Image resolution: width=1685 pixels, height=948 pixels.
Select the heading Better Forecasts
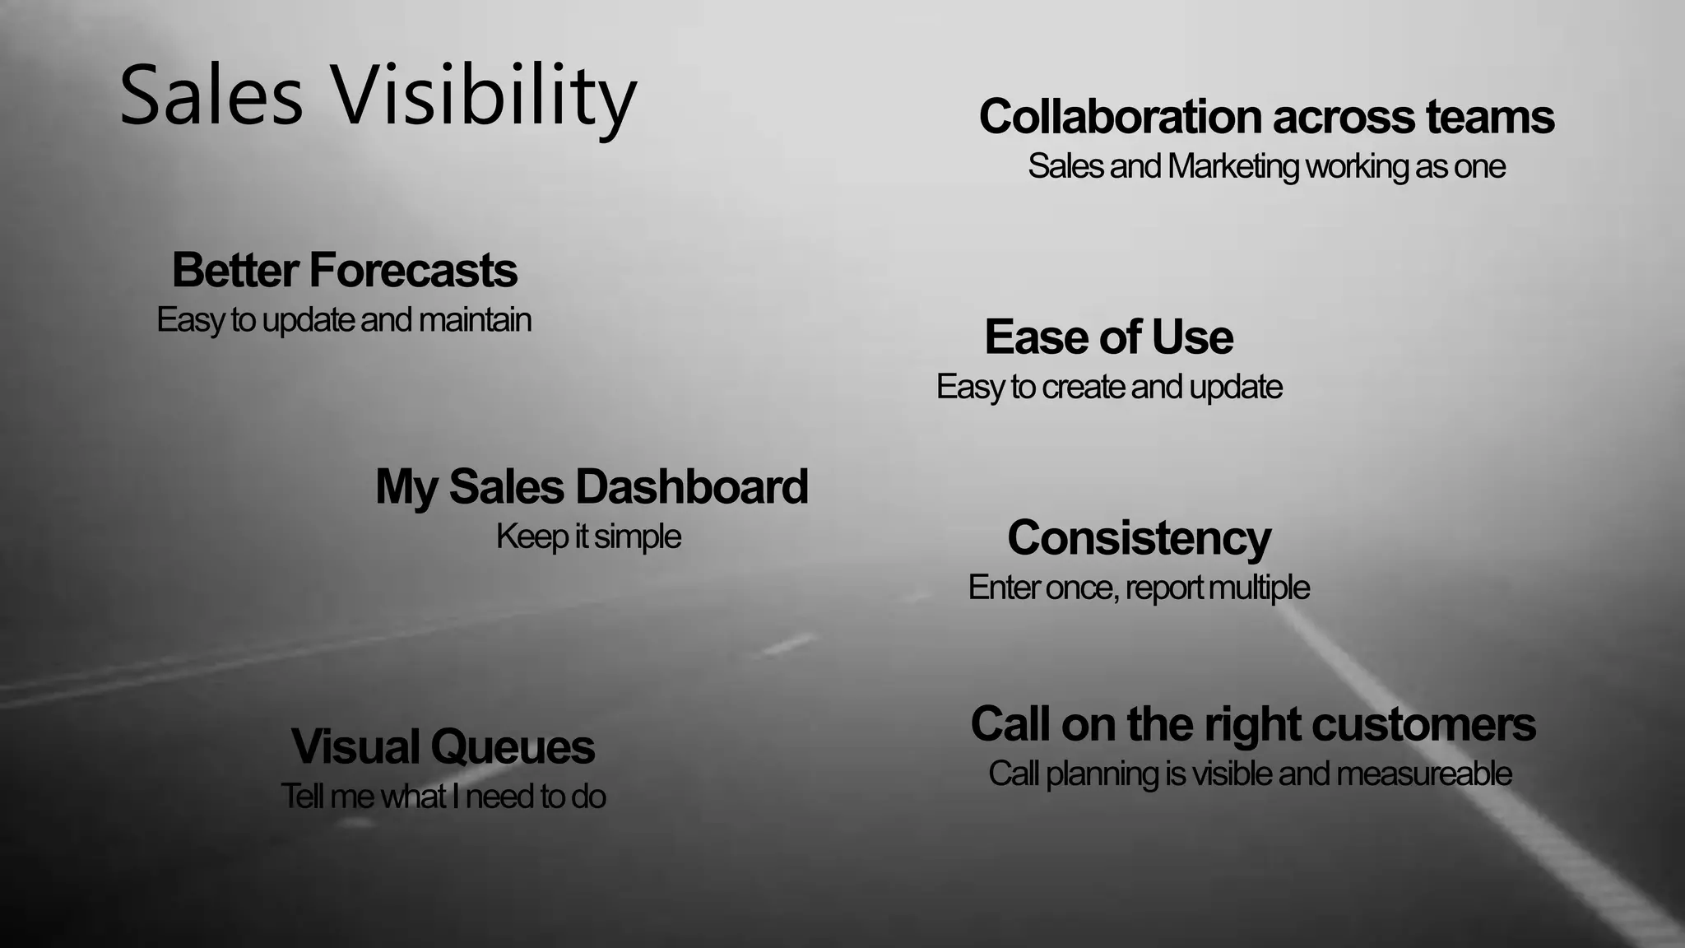345,270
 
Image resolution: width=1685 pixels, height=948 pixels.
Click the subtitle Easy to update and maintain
344,320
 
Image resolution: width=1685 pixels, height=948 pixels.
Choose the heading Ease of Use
1109,337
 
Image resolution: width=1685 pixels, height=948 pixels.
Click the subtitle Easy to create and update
1109,387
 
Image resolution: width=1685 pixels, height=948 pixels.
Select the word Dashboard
691,486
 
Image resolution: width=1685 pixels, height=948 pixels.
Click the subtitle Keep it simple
588,537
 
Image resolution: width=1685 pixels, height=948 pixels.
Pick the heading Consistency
1140,538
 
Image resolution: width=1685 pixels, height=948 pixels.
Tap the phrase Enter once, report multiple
1139,588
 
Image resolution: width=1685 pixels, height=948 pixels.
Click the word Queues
512,747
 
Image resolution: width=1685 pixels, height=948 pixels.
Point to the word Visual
355,747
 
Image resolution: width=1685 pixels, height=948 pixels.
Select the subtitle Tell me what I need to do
443,797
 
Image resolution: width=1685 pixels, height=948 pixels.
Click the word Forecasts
413,270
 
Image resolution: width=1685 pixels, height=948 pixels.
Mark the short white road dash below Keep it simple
788,644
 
